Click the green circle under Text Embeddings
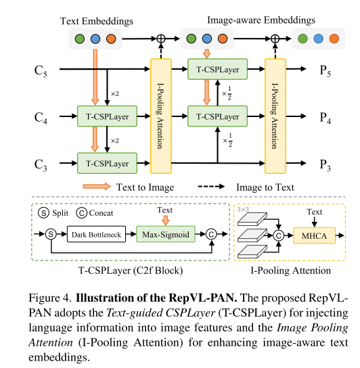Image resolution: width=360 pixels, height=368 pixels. [82, 39]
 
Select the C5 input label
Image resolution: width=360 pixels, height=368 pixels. [42, 70]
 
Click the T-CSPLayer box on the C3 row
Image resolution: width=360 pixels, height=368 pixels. [107, 163]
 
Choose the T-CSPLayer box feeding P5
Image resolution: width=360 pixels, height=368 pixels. [217, 68]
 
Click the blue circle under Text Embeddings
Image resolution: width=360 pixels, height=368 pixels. [96, 39]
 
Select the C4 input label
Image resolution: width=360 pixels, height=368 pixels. [42, 116]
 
